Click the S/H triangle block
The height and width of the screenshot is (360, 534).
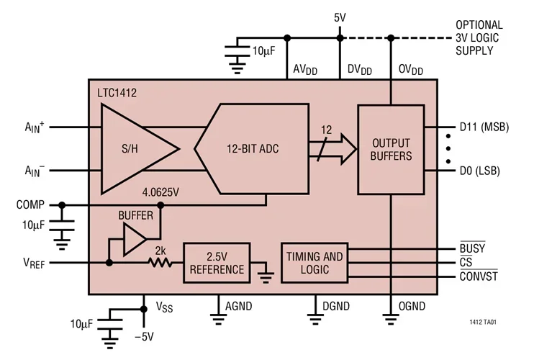[x=133, y=150]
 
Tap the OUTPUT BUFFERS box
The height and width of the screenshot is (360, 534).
[x=390, y=149]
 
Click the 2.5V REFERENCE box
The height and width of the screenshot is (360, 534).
[x=214, y=263]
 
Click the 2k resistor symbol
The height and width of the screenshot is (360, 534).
[x=160, y=262]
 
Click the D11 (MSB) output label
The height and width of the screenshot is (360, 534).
[x=484, y=127]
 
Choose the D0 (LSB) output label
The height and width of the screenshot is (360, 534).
[x=480, y=171]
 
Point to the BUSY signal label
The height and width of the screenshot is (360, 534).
[x=471, y=248]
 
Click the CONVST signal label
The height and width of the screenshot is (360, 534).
[x=478, y=276]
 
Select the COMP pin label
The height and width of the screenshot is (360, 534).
[x=30, y=204]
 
